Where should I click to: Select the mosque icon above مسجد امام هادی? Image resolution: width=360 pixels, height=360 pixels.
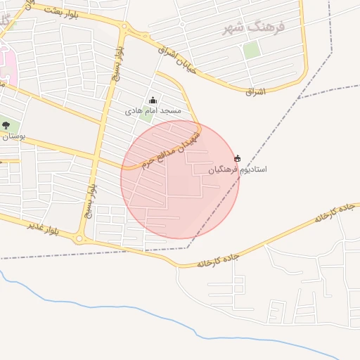click(153, 101)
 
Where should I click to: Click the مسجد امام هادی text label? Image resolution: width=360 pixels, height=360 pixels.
click(153, 111)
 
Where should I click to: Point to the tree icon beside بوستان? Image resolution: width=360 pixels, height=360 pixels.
click(6, 125)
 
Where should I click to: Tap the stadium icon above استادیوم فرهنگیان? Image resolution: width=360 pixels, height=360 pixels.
click(237, 158)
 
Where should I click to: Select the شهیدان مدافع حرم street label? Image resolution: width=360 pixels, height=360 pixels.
click(170, 147)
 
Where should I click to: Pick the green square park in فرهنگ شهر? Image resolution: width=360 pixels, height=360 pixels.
click(251, 50)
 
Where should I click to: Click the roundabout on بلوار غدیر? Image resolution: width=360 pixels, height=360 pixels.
click(79, 238)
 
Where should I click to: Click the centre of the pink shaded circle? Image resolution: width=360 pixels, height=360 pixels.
click(180, 179)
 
